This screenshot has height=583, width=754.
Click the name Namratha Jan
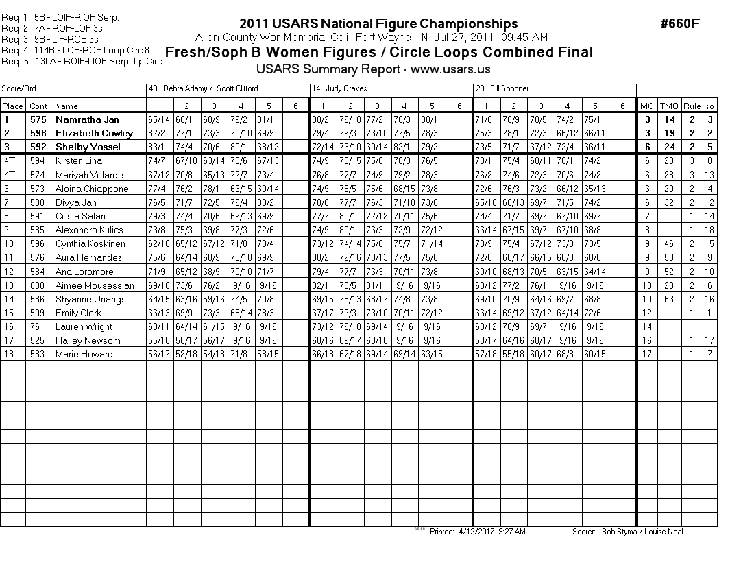coord(87,119)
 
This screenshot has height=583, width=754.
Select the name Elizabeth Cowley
coord(94,133)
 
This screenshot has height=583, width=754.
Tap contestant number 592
coord(38,147)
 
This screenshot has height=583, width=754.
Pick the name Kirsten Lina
coord(78,161)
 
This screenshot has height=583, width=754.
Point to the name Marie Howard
coord(84,354)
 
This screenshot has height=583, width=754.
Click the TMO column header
coord(668,106)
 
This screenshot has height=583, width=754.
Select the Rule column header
coord(692,106)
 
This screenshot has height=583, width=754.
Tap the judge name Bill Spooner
coord(502,89)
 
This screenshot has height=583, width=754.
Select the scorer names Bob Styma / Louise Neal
coord(642,532)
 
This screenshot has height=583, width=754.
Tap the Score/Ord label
coord(19,89)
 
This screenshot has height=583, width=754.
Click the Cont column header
coord(38,106)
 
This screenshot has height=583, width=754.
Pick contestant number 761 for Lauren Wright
coord(38,326)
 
